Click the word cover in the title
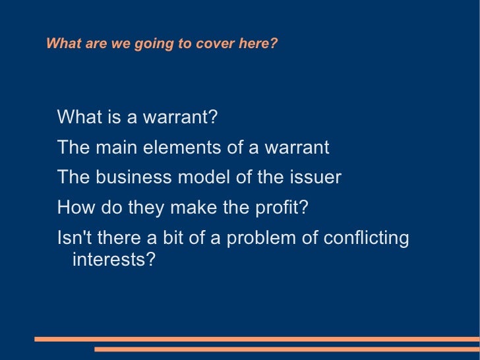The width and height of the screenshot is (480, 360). click(x=206, y=44)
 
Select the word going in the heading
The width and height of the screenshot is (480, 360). click(x=144, y=44)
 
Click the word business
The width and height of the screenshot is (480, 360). click(x=131, y=177)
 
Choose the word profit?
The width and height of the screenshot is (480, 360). click(x=281, y=208)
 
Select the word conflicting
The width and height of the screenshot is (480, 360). click(x=367, y=238)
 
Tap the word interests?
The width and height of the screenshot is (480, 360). click(x=113, y=259)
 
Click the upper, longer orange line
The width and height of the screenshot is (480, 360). click(x=257, y=339)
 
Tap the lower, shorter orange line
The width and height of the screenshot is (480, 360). click(x=287, y=349)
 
